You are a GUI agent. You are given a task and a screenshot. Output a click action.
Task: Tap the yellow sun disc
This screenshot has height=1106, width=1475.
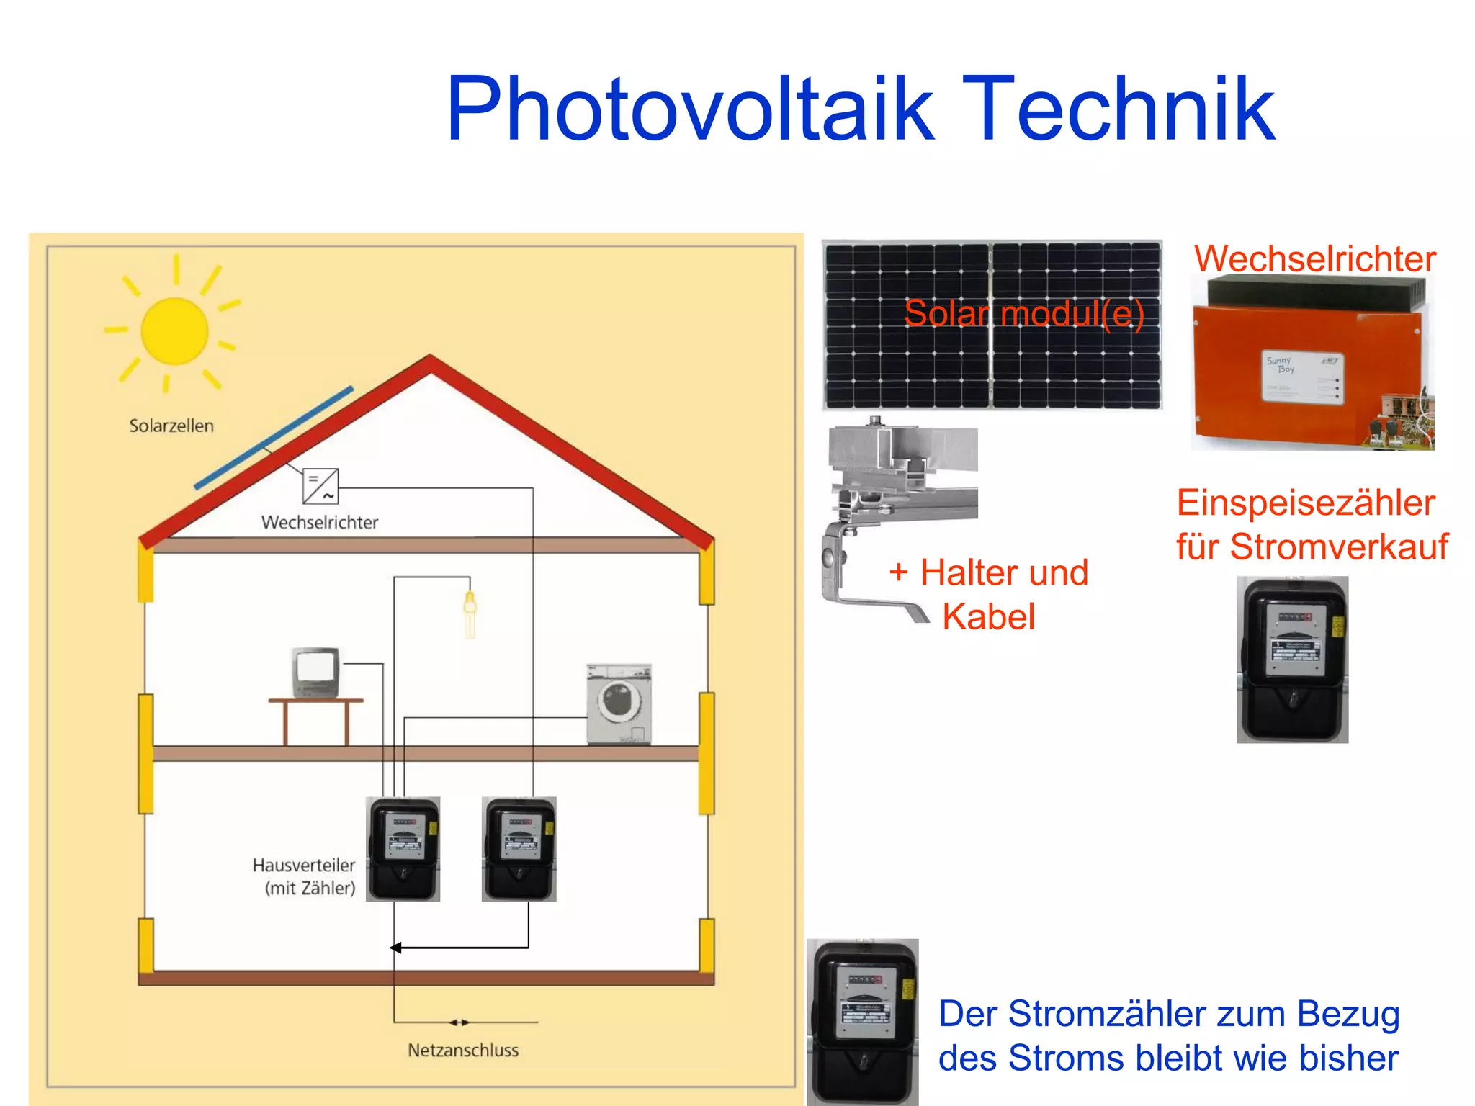click(174, 331)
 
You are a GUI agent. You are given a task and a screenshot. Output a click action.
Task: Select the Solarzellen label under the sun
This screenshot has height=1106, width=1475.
click(171, 426)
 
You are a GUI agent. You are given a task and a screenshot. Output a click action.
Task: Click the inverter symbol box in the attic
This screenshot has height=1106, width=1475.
click(320, 487)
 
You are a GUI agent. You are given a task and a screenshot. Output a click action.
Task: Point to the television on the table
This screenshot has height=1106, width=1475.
click(315, 672)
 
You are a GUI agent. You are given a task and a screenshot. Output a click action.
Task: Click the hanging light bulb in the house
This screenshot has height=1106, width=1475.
click(470, 613)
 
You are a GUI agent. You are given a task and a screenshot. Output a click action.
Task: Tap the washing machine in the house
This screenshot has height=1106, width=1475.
click(619, 703)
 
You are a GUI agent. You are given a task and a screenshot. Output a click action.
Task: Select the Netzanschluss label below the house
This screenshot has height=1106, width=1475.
click(463, 1050)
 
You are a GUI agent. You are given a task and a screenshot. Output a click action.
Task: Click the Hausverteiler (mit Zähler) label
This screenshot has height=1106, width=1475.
click(305, 876)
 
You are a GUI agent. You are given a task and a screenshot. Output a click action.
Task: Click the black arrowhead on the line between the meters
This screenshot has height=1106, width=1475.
click(395, 948)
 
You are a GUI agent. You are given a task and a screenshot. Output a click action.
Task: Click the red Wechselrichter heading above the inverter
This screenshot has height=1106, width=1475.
click(1314, 258)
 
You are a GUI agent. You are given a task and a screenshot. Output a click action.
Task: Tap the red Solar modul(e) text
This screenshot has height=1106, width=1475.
click(1023, 314)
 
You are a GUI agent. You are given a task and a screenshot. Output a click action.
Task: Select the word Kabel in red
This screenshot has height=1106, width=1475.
click(988, 617)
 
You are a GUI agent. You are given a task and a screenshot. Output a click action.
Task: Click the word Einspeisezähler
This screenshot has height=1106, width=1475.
click(1306, 503)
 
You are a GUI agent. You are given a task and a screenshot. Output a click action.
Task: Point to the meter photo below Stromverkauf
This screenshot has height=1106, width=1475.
click(1292, 660)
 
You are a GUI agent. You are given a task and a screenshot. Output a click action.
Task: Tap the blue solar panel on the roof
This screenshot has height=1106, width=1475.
click(274, 438)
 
